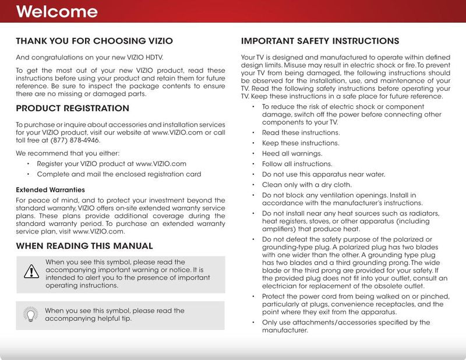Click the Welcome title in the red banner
click(57, 12)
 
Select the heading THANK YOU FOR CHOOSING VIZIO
click(94, 41)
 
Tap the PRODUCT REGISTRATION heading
click(72, 108)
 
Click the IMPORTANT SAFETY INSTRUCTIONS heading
click(320, 41)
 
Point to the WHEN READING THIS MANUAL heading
click(84, 246)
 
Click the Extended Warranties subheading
click(50, 190)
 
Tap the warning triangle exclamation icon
click(30, 271)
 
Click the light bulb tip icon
click(30, 314)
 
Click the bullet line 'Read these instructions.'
click(301, 133)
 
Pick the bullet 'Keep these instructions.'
click(300, 143)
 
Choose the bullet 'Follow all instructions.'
click(297, 164)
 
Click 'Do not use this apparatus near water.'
click(323, 174)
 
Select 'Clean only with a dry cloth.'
click(307, 185)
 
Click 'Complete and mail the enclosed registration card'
click(119, 174)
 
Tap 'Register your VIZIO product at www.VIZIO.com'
click(111, 164)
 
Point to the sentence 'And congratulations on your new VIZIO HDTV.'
click(89, 57)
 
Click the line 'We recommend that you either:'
click(68, 153)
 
